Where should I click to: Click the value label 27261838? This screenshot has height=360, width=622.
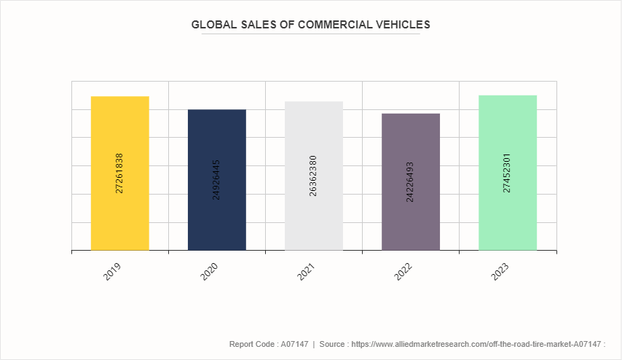119,173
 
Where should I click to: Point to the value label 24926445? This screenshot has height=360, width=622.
216,179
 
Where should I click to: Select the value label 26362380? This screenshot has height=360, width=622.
313,176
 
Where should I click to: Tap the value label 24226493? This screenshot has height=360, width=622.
410,181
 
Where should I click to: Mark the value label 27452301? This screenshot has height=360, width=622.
507,173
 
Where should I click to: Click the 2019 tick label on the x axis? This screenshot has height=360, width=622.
112,272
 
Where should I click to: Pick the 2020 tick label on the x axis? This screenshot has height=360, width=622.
209,272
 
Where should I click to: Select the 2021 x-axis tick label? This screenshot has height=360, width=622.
306,272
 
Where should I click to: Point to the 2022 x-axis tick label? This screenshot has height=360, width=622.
403,272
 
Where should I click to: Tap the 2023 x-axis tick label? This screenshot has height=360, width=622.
500,272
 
